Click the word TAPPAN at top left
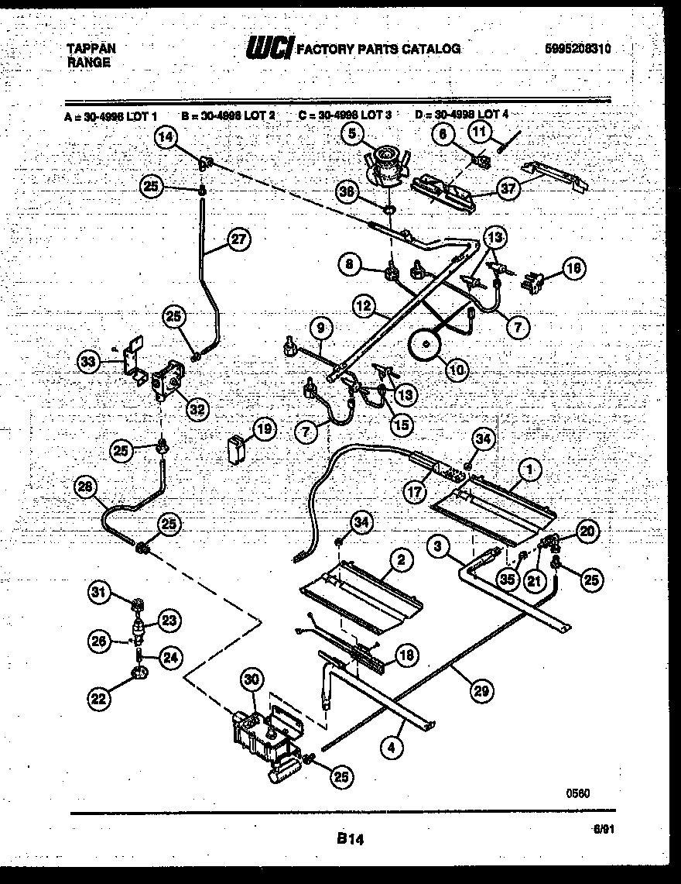91,48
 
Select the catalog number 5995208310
578,48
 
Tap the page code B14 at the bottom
351,838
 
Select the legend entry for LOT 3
344,115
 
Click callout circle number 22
98,698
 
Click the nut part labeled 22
140,676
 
